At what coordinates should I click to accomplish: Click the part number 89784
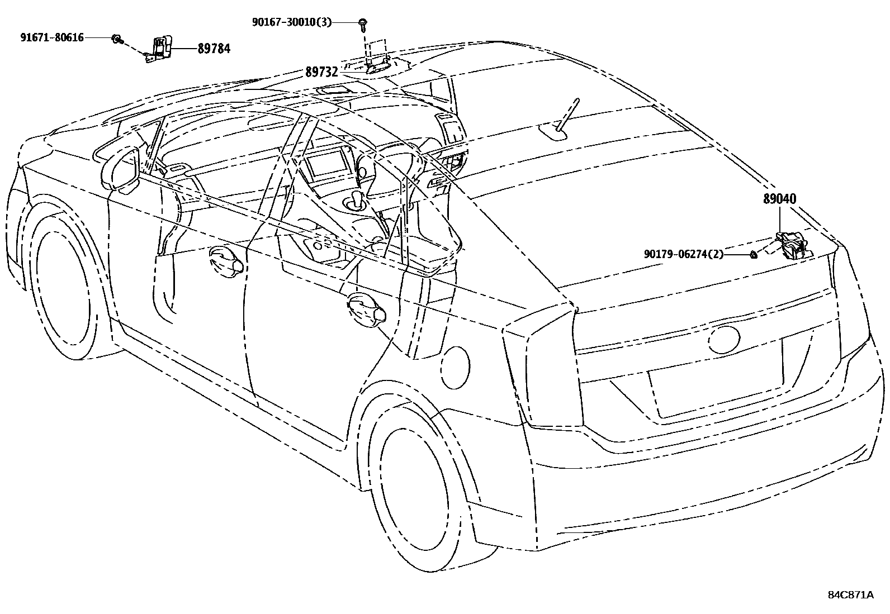[214, 49]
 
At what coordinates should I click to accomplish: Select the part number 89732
[321, 72]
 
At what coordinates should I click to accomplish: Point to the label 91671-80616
[52, 37]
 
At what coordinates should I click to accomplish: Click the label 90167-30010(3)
[291, 22]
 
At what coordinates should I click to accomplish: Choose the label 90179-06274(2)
[683, 254]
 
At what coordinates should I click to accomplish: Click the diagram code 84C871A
[850, 594]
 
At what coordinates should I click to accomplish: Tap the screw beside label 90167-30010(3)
[363, 23]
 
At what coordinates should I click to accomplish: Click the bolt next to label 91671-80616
[117, 39]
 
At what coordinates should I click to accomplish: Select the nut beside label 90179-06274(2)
[754, 255]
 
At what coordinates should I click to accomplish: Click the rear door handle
[366, 309]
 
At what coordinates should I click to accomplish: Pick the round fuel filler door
[456, 367]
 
